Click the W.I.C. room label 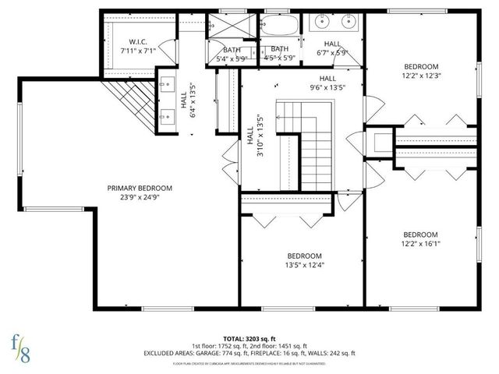pyautogui.click(x=138, y=41)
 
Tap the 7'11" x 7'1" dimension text pyautogui.click(x=138, y=51)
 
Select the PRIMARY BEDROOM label pyautogui.click(x=140, y=188)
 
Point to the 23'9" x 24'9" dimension pyautogui.click(x=140, y=198)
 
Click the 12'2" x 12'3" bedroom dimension pyautogui.click(x=421, y=76)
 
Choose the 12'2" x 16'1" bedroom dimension pyautogui.click(x=420, y=244)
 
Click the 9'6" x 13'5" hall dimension pyautogui.click(x=327, y=88)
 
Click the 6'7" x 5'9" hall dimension pyautogui.click(x=332, y=53)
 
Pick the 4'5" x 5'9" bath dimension pyautogui.click(x=280, y=58)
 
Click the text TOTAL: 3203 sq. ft pyautogui.click(x=249, y=338)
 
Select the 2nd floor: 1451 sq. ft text pyautogui.click(x=278, y=345)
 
